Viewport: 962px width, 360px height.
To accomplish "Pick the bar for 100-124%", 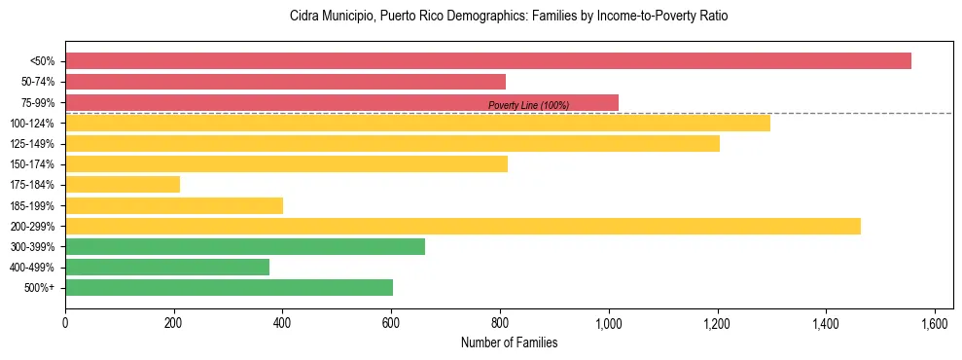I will coord(417,123).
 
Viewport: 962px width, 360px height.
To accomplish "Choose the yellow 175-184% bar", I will coord(123,184).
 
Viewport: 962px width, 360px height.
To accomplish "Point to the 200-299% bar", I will coord(463,226).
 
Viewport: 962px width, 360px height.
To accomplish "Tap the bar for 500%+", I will coord(229,287).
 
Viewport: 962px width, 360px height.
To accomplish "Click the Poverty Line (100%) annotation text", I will coord(528,105).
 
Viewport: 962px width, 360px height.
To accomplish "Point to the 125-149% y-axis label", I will coord(33,144).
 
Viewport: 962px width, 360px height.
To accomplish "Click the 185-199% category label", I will coord(33,205).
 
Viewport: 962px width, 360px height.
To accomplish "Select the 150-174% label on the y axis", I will coord(33,164).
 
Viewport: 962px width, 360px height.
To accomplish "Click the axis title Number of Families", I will coord(509,342).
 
